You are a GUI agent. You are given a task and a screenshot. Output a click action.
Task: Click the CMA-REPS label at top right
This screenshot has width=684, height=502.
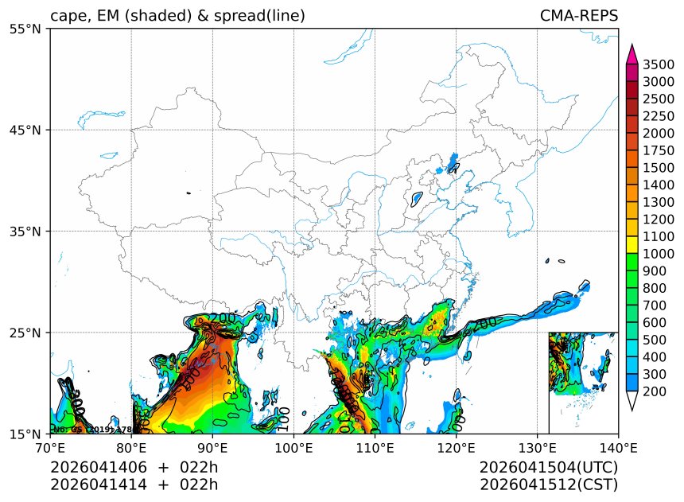tap(578, 16)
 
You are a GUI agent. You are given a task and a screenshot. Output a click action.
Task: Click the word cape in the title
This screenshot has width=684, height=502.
tap(66, 16)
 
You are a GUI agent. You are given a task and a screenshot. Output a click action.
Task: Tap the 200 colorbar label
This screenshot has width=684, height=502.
tap(654, 391)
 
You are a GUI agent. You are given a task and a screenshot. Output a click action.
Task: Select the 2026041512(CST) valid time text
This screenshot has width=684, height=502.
tap(549, 484)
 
